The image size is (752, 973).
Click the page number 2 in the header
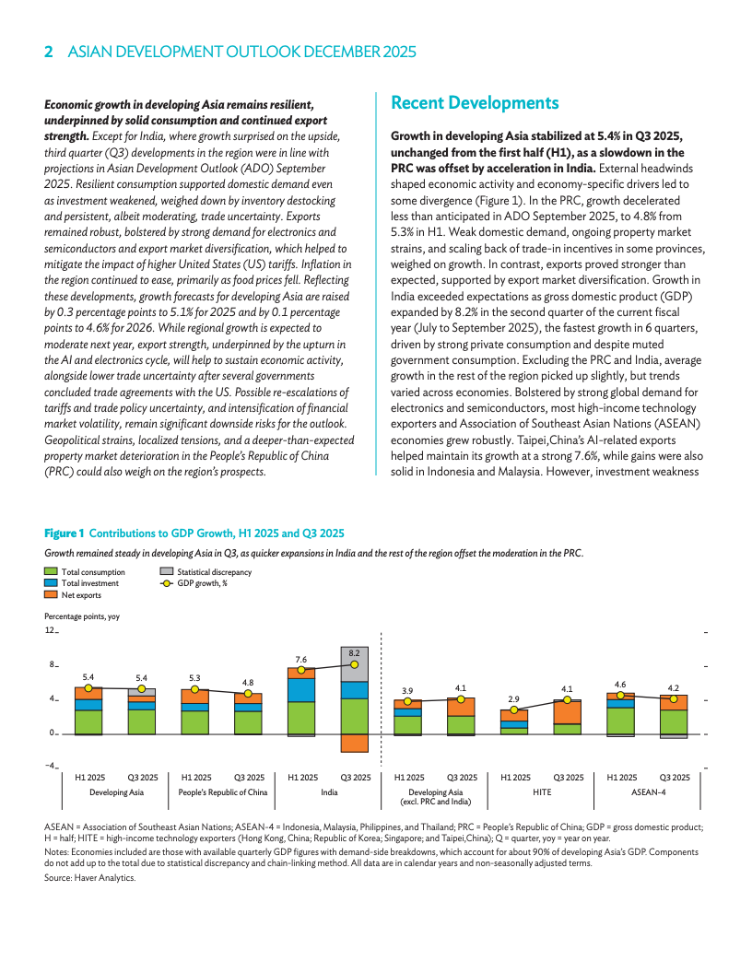[x=48, y=53]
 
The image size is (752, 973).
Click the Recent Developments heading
[x=475, y=102]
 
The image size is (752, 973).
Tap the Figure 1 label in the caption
[x=65, y=533]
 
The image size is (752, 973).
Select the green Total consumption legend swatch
[x=51, y=572]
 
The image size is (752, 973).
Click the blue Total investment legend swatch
[x=51, y=583]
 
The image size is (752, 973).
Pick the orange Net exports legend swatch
[x=51, y=595]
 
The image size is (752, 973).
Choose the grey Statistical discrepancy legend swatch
[x=167, y=572]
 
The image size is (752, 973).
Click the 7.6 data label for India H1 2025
[x=301, y=660]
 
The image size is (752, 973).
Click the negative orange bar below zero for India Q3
[x=355, y=743]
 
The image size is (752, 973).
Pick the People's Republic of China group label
[x=223, y=791]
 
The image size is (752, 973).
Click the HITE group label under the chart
[x=541, y=791]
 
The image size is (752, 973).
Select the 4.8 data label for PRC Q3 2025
[x=248, y=683]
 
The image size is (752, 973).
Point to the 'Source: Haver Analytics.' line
[x=89, y=878]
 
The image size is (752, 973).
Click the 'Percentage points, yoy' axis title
[x=81, y=616]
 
